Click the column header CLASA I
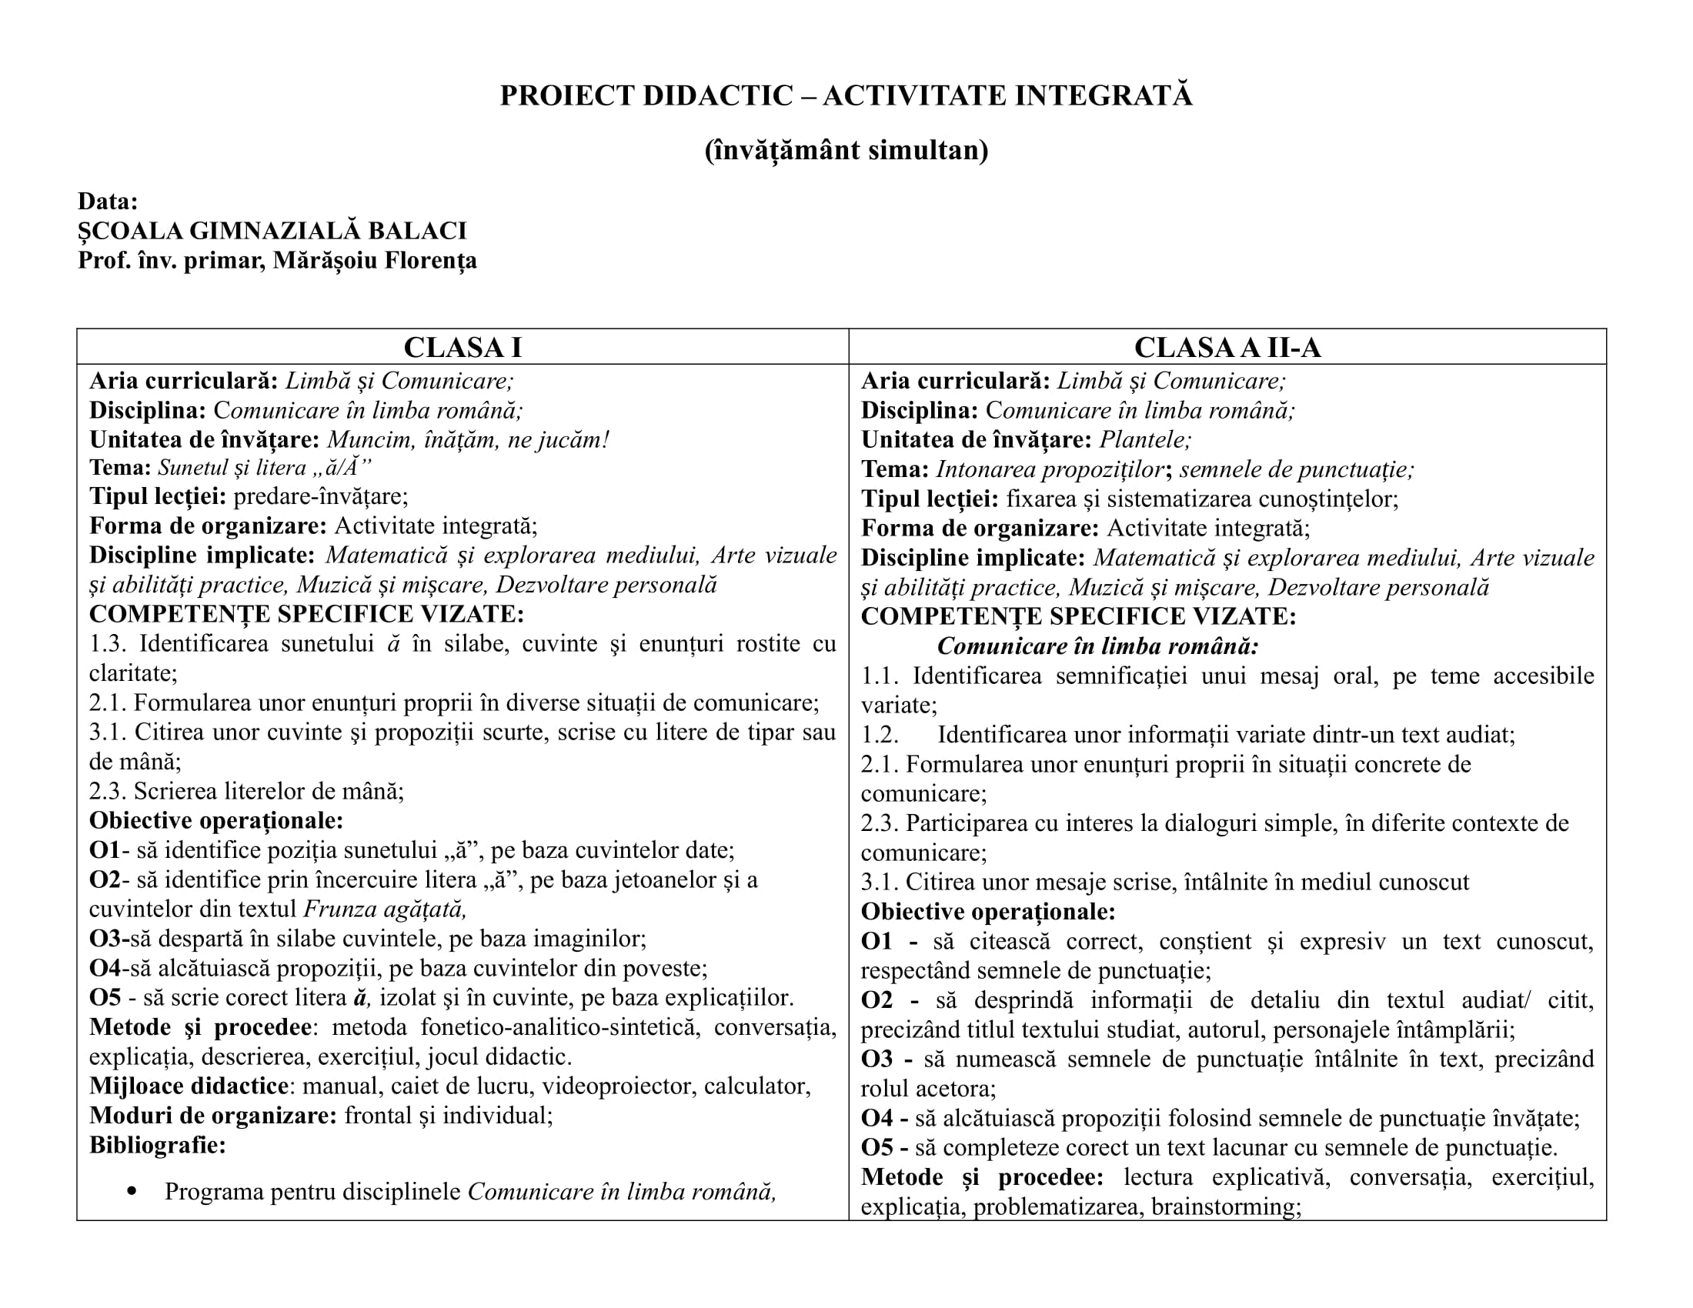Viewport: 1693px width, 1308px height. (462, 347)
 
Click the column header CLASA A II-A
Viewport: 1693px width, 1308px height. (1227, 347)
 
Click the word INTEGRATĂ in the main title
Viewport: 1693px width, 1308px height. (1104, 95)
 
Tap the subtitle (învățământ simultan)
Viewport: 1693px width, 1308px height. (846, 149)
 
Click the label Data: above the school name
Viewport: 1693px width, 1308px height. (108, 202)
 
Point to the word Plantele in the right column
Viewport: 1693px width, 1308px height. (1144, 440)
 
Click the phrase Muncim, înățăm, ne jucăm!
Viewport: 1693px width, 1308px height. (467, 440)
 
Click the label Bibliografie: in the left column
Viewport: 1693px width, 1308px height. (157, 1145)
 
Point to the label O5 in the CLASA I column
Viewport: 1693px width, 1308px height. (104, 997)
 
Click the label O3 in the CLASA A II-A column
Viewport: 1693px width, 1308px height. (877, 1059)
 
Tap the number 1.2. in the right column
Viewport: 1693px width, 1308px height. (880, 735)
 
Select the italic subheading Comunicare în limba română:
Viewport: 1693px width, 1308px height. (1097, 646)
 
